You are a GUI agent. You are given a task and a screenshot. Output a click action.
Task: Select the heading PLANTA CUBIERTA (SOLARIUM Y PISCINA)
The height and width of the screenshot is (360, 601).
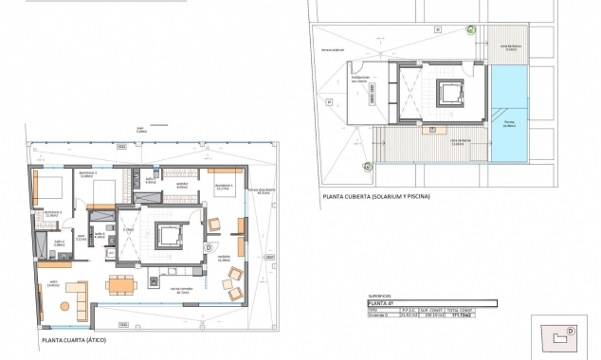tap(375, 196)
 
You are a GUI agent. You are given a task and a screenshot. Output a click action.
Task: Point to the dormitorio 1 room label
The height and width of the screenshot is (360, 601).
tap(223, 187)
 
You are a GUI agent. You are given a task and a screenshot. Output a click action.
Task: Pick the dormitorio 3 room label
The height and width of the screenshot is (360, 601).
tap(114, 175)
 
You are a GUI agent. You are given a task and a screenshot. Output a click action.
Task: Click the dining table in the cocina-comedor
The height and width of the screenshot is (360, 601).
tap(119, 284)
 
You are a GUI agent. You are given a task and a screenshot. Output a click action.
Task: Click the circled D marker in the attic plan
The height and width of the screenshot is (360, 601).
tap(208, 247)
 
